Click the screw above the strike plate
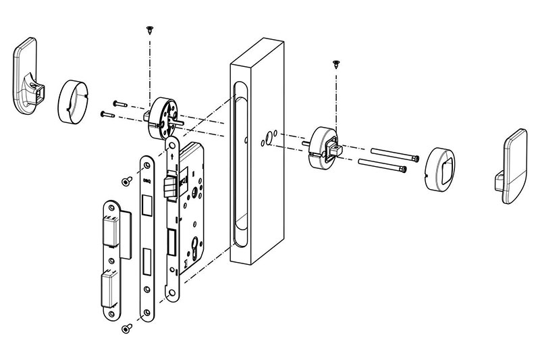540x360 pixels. (126, 181)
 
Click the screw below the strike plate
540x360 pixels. (125, 328)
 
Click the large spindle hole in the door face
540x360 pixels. (268, 139)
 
